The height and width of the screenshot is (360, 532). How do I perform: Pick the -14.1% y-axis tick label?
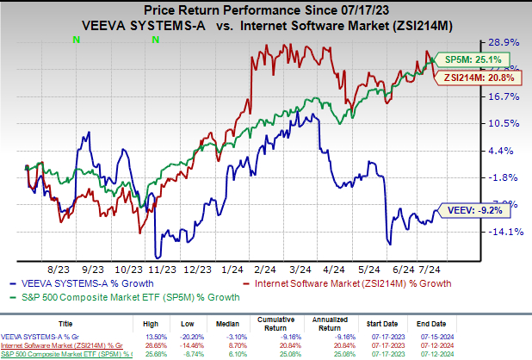(x=506, y=232)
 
